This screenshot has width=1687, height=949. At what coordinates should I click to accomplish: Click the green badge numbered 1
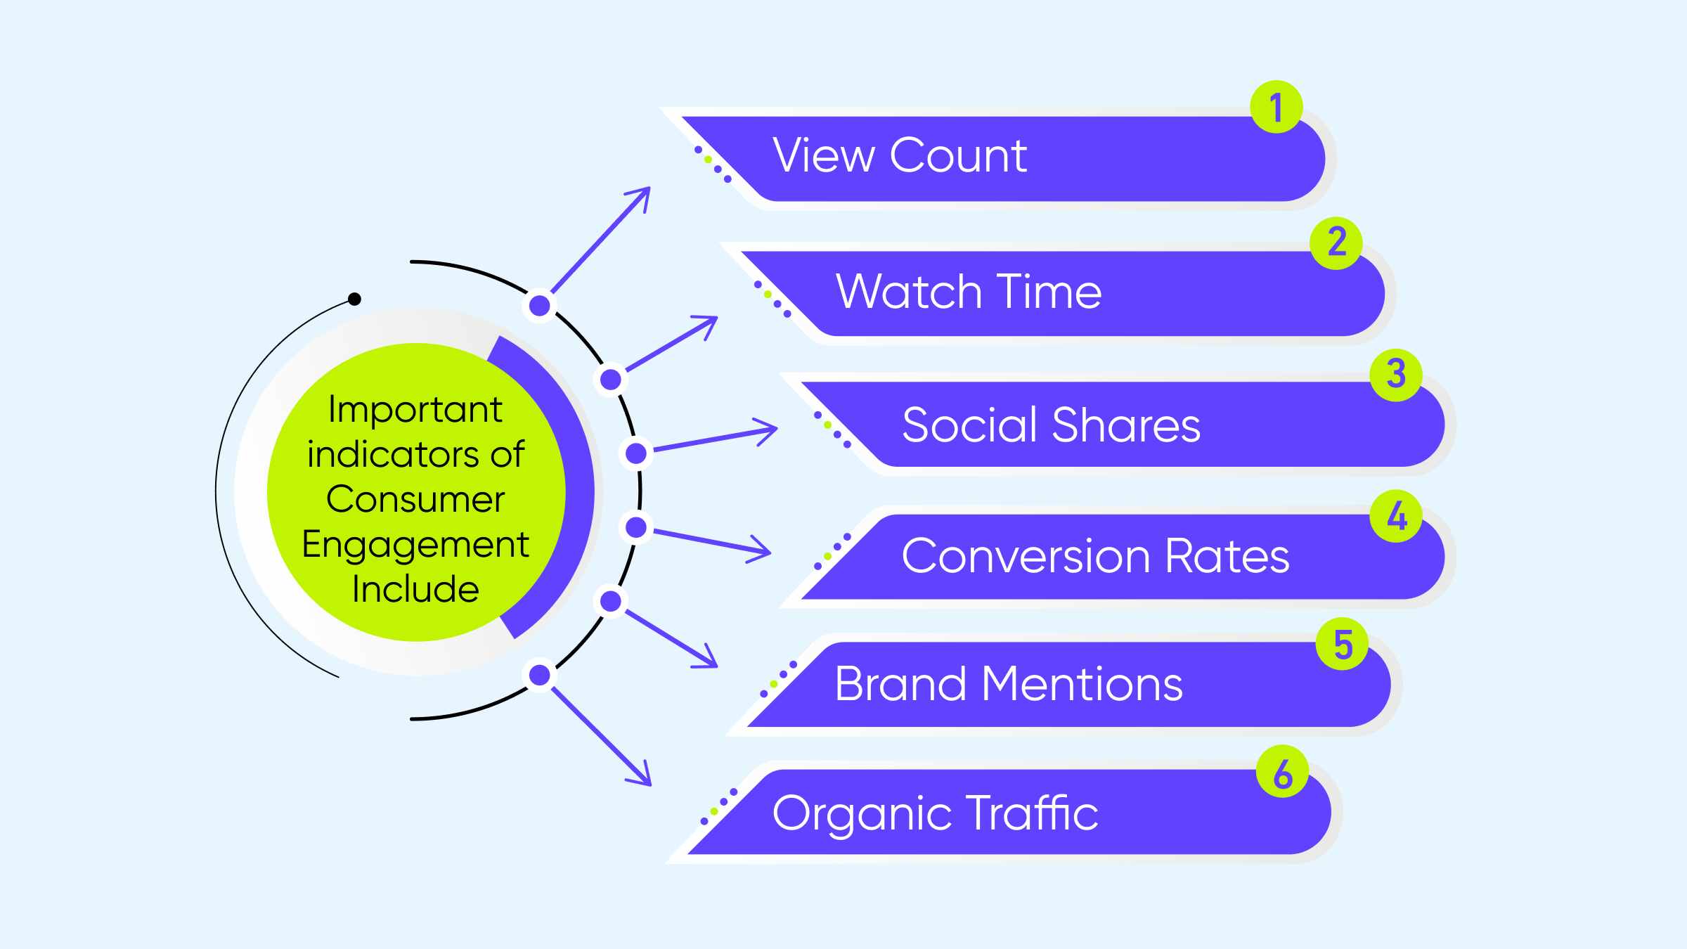[1276, 107]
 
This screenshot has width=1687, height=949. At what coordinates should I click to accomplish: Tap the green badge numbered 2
[1336, 243]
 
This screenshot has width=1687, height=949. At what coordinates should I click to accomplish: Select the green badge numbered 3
[1397, 375]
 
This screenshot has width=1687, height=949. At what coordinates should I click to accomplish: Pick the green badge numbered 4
[1397, 516]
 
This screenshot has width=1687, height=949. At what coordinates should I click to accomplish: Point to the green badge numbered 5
[1342, 644]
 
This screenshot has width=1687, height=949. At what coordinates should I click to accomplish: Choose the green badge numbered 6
[1283, 771]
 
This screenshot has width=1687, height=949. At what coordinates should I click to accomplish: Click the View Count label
[900, 155]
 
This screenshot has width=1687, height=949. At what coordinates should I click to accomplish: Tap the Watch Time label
[969, 291]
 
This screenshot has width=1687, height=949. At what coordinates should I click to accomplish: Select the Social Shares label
[1051, 425]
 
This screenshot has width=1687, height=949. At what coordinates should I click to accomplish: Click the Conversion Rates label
[1095, 556]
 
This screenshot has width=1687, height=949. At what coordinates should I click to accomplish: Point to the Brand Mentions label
[1009, 683]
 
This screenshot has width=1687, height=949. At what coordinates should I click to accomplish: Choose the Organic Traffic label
[935, 814]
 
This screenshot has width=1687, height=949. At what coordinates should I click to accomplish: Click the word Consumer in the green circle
[415, 499]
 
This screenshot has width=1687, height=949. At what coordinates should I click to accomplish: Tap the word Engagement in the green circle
[415, 545]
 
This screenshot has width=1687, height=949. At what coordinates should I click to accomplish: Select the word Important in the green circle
[415, 411]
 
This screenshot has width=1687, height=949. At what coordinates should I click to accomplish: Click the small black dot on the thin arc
[355, 299]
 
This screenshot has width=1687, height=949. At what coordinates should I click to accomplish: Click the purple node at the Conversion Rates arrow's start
[636, 527]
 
